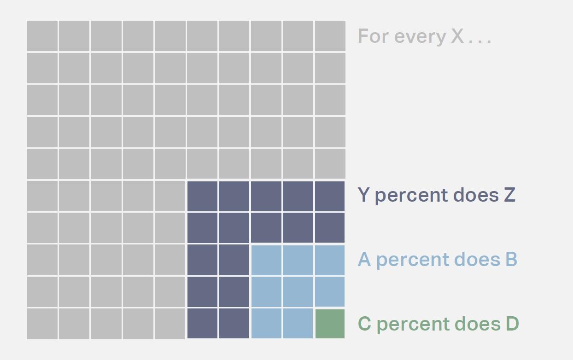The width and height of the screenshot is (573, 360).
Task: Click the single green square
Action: (330, 324)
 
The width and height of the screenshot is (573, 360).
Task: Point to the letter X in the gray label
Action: (457, 36)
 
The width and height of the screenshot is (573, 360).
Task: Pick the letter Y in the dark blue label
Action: (363, 195)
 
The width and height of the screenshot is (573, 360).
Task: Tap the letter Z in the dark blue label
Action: (509, 195)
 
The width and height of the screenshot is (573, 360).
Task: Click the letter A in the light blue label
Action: (364, 259)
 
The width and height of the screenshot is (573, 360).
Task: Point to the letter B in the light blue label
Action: (511, 259)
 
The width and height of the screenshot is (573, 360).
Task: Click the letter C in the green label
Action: (364, 324)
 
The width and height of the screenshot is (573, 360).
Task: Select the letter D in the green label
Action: (512, 324)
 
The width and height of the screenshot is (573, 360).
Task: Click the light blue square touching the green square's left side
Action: (298, 324)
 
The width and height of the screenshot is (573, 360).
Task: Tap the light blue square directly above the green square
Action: (330, 292)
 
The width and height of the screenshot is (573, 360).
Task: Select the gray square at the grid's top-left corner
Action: (42, 36)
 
